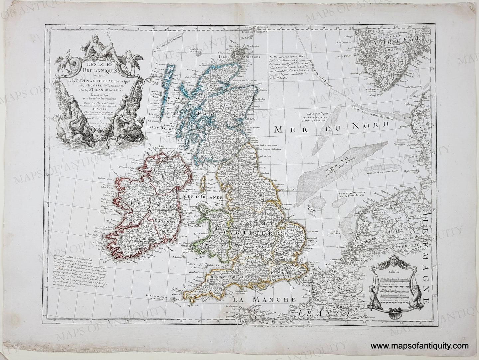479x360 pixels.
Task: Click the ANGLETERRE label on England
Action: [x=250, y=233]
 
